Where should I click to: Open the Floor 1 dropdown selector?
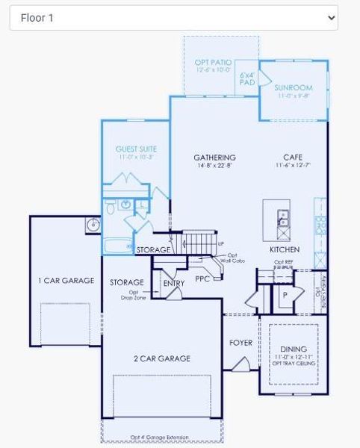pyautogui.click(x=173, y=17)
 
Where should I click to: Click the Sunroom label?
pyautogui.click(x=293, y=87)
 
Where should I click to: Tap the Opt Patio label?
pyautogui.click(x=213, y=63)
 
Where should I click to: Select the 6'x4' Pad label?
pyautogui.click(x=247, y=78)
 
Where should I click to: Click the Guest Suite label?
pyautogui.click(x=136, y=149)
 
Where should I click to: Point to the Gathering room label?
pyautogui.click(x=214, y=158)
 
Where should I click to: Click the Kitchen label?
pyautogui.click(x=285, y=249)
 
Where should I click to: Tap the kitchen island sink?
pyautogui.click(x=282, y=218)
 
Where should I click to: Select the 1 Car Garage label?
pyautogui.click(x=66, y=281)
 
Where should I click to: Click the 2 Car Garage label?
pyautogui.click(x=162, y=358)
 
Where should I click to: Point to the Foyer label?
pyautogui.click(x=240, y=343)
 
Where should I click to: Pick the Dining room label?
pyautogui.click(x=293, y=349)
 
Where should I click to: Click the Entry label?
pyautogui.click(x=173, y=284)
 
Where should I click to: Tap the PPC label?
pyautogui.click(x=202, y=279)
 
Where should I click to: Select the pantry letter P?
pyautogui.click(x=284, y=294)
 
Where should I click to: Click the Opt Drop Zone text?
pyautogui.click(x=133, y=295)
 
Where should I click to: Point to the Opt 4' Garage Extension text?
pyautogui.click(x=160, y=438)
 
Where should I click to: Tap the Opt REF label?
pyautogui.click(x=283, y=262)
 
